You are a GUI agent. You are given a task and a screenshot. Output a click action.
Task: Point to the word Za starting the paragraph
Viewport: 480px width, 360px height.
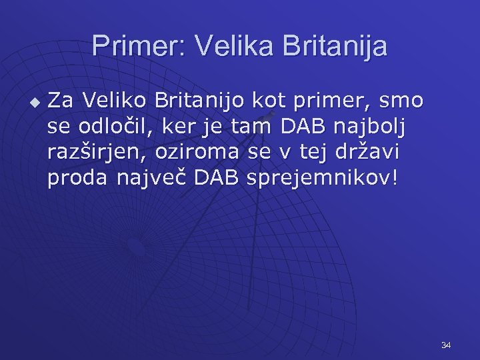tap(61, 100)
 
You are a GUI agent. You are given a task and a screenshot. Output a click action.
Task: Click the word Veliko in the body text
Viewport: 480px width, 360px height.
tap(114, 100)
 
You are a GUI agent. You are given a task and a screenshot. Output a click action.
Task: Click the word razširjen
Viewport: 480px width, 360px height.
tap(98, 152)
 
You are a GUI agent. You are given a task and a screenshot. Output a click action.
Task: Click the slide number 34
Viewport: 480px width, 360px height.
tap(446, 345)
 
